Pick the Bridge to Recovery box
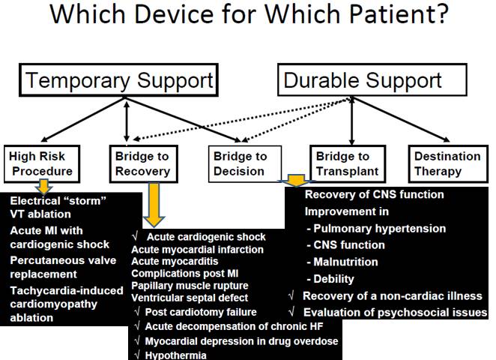click(x=142, y=163)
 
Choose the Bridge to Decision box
click(x=240, y=163)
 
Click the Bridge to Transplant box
click(x=342, y=163)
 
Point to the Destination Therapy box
click(x=447, y=163)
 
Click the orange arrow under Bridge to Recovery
click(x=154, y=206)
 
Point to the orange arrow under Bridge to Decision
click(x=297, y=181)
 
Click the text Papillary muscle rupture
click(x=190, y=286)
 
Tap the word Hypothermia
click(x=175, y=354)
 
